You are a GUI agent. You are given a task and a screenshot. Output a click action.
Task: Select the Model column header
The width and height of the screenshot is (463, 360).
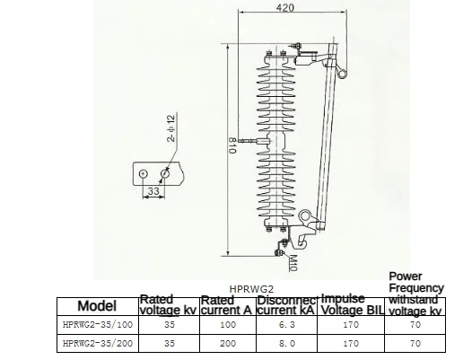click(x=98, y=306)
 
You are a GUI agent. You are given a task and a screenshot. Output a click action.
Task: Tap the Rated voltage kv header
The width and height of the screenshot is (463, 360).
click(x=168, y=305)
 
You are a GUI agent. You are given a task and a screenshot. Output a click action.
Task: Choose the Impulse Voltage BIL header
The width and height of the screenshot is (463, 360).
click(x=352, y=305)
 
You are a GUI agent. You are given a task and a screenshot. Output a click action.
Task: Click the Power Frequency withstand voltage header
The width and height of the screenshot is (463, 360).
click(x=415, y=293)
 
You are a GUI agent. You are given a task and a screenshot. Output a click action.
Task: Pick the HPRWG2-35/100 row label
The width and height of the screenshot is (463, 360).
click(x=98, y=325)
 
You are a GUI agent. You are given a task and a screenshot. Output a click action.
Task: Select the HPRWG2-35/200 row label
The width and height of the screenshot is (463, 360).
click(x=98, y=343)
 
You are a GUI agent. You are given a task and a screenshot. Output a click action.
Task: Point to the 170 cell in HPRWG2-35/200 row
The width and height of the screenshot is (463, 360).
click(x=352, y=343)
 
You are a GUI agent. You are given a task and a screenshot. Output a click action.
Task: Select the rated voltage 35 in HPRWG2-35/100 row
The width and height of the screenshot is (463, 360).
click(x=168, y=325)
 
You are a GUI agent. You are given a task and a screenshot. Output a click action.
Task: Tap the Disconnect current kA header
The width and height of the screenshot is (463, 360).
click(x=286, y=305)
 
